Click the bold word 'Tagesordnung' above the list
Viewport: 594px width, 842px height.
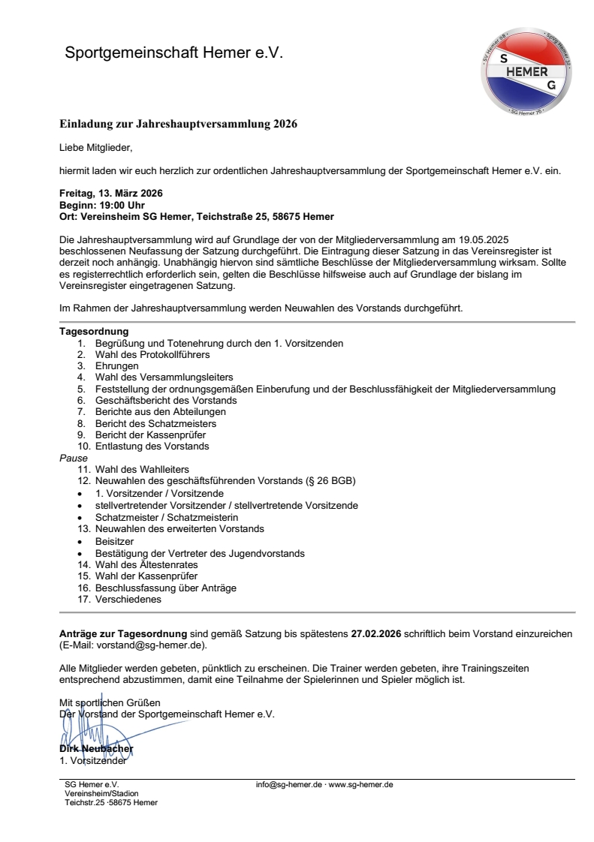tap(94, 331)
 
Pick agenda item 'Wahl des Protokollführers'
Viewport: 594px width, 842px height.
tap(152, 353)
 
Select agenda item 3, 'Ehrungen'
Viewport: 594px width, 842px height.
tap(116, 365)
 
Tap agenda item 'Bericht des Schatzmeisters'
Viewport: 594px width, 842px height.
tap(155, 423)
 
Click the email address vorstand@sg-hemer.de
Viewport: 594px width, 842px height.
tap(149, 645)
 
